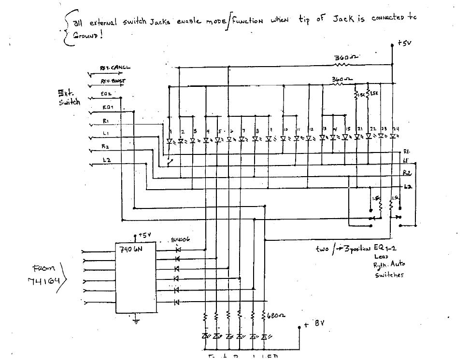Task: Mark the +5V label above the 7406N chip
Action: click(145, 235)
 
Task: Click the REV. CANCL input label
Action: click(115, 68)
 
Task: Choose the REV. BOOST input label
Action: click(113, 82)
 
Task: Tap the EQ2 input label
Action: click(106, 94)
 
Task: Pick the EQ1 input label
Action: click(108, 108)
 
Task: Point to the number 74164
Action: click(44, 281)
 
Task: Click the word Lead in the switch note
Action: click(381, 257)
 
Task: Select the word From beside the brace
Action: click(43, 268)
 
